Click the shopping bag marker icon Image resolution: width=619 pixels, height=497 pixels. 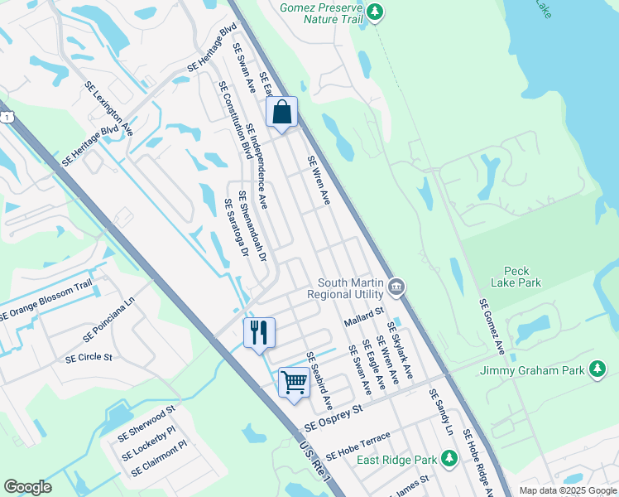click(281, 113)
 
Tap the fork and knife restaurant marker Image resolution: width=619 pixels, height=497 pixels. click(259, 333)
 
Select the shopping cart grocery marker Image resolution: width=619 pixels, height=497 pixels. click(294, 383)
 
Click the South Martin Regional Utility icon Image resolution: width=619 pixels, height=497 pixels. click(396, 287)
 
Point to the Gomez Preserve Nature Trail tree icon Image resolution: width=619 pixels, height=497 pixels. click(376, 12)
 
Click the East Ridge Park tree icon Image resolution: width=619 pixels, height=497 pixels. click(449, 457)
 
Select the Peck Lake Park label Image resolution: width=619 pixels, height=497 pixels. click(522, 277)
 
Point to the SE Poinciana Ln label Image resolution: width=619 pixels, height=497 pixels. click(108, 322)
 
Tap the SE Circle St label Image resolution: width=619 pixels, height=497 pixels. click(88, 358)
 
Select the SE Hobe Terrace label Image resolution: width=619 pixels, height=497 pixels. click(357, 447)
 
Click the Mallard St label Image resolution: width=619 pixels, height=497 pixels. click(365, 314)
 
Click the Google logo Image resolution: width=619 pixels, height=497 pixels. click(27, 487)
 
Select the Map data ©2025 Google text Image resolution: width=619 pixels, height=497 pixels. click(567, 490)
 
